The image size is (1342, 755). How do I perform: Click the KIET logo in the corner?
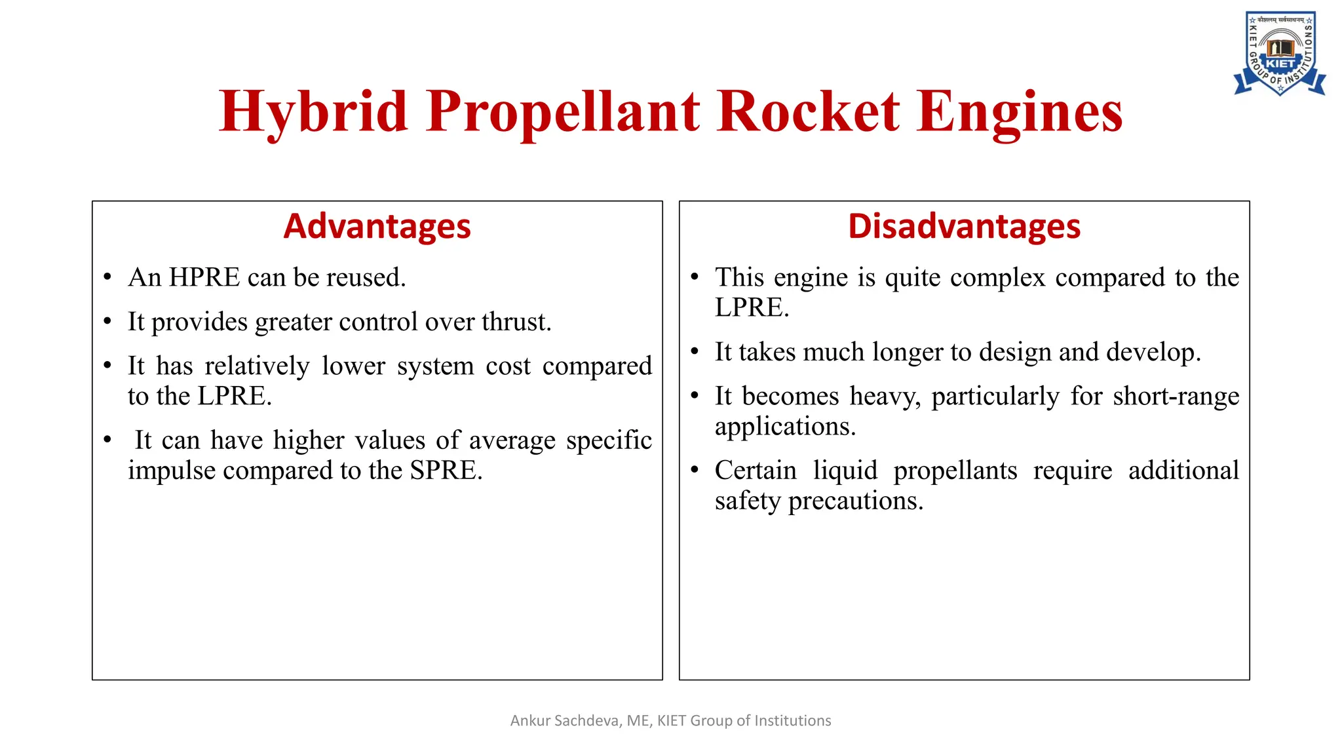tap(1280, 54)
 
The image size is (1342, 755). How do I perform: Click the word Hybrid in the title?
tap(313, 113)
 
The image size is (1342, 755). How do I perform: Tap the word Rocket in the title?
tap(808, 113)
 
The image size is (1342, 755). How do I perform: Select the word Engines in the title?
tap(1019, 113)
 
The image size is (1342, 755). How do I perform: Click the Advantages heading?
tap(377, 227)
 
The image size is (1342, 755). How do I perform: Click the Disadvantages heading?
tap(964, 227)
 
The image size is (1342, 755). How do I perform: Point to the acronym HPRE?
tap(204, 278)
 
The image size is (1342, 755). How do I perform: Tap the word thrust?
tap(516, 322)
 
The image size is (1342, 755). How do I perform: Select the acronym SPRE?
tap(446, 471)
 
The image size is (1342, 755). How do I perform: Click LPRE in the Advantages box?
tap(234, 397)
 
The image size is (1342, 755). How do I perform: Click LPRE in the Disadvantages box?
tap(752, 308)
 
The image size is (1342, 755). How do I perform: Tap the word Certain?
tap(756, 471)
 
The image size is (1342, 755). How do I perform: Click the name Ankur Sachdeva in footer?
tap(565, 721)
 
